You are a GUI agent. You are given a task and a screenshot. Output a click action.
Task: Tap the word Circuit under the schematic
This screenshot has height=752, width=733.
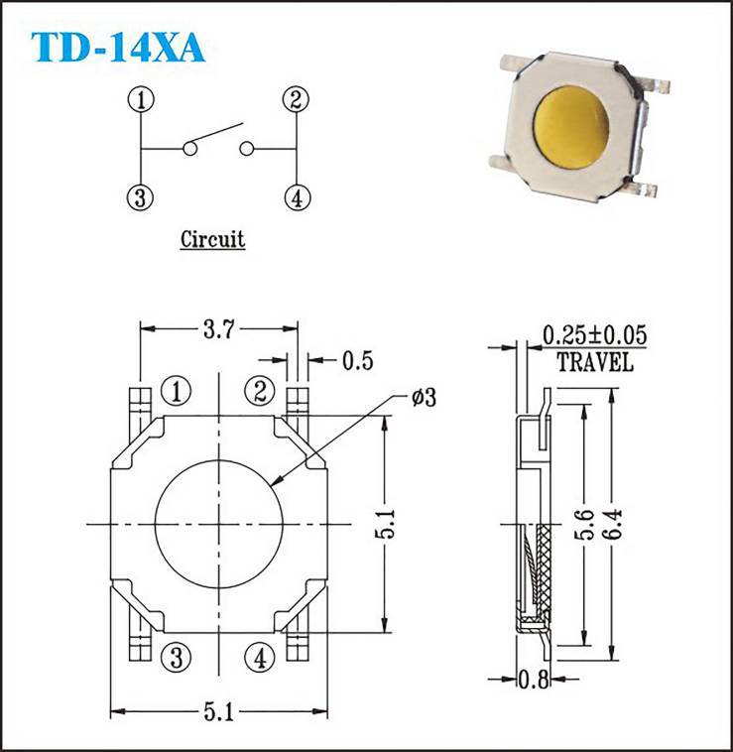pyautogui.click(x=212, y=239)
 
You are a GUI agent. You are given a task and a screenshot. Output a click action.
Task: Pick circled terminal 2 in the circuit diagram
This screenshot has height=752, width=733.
pyautogui.click(x=294, y=99)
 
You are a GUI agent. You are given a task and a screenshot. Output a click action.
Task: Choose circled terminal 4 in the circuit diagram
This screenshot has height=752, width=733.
pyautogui.click(x=294, y=196)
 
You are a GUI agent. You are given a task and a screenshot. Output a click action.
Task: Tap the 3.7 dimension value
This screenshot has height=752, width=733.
pyautogui.click(x=219, y=327)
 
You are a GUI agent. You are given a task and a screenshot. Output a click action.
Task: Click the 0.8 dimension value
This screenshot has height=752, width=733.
pyautogui.click(x=535, y=680)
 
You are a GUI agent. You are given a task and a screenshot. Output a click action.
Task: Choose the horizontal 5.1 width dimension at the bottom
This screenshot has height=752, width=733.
pyautogui.click(x=219, y=711)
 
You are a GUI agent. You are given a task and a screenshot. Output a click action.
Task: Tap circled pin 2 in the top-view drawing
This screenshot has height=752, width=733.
pyautogui.click(x=260, y=392)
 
